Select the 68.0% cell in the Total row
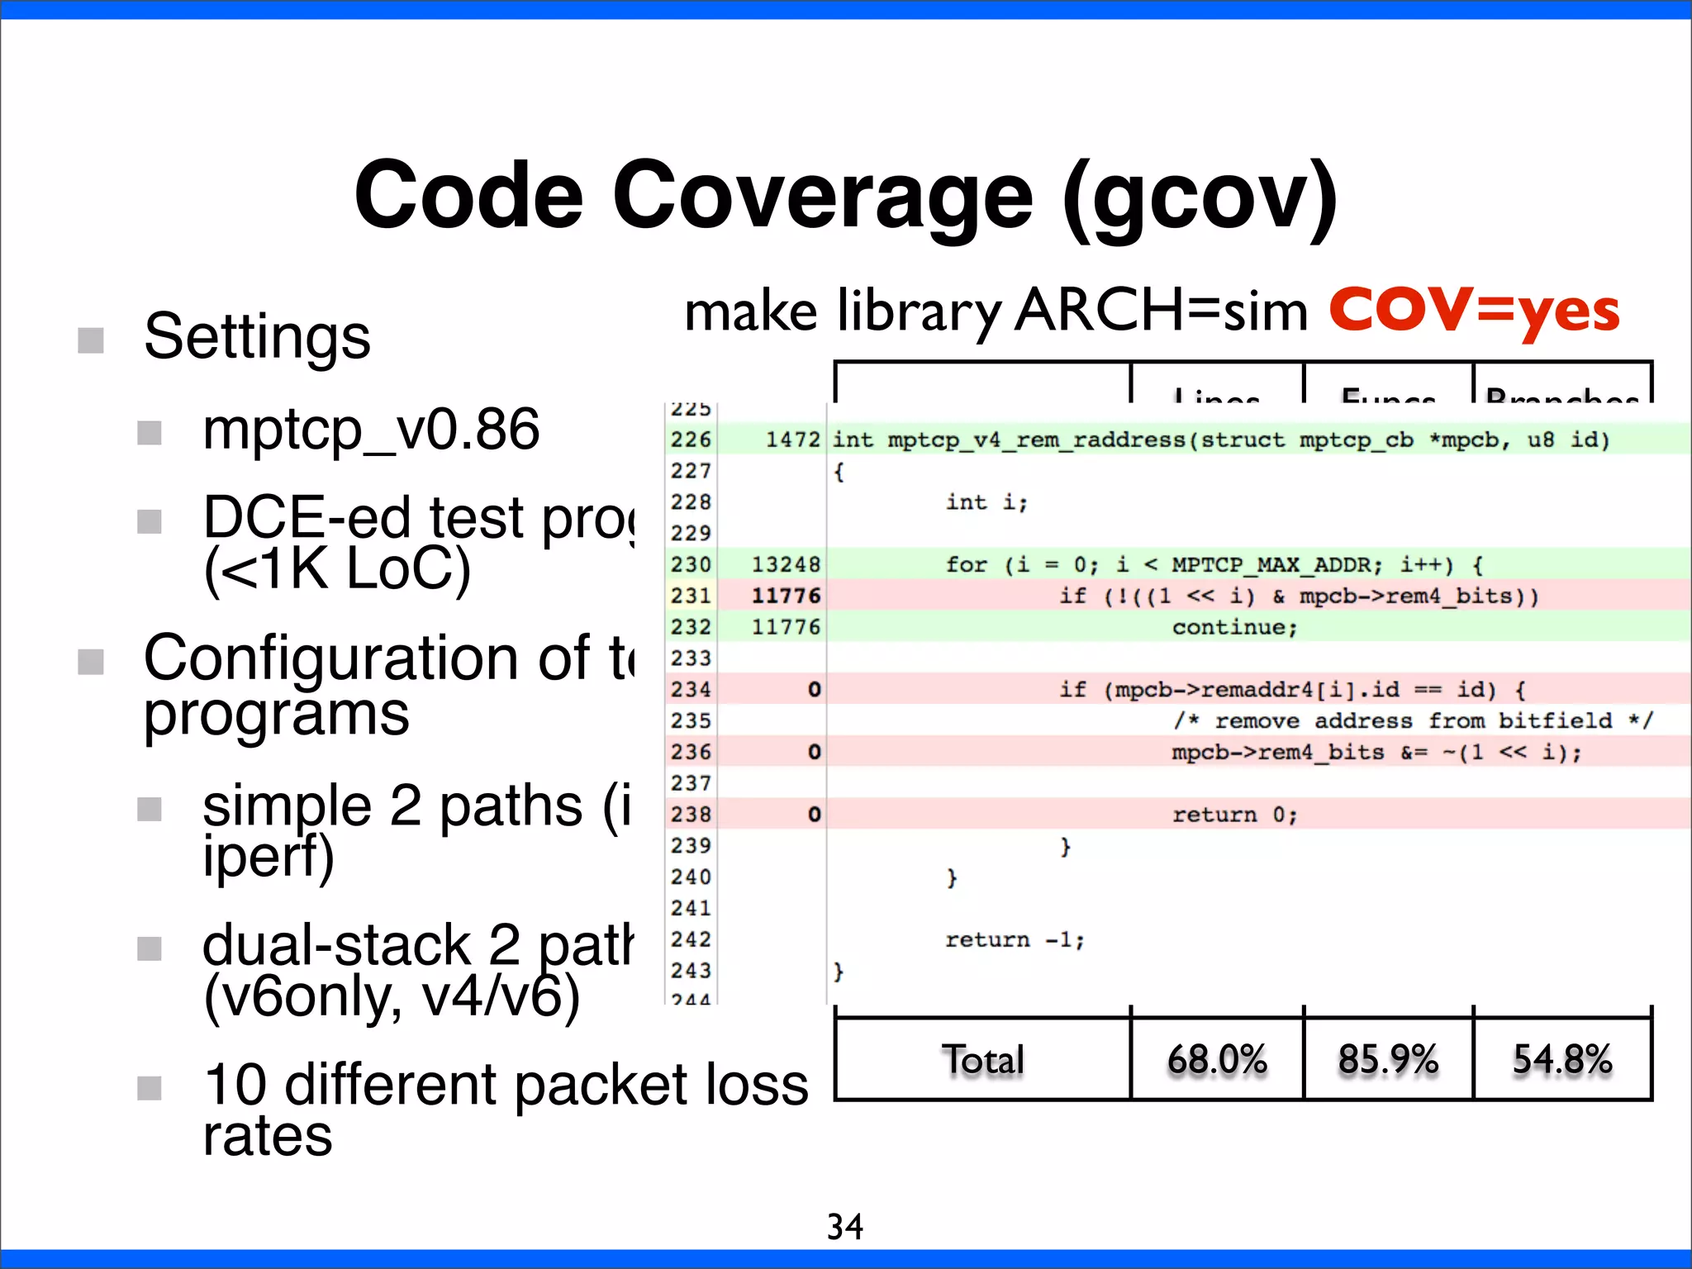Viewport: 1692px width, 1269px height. (x=1216, y=1060)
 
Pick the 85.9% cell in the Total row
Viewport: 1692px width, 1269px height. (x=1388, y=1060)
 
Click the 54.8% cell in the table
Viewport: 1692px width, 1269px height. (x=1561, y=1060)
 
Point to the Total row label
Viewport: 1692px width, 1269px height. (x=982, y=1060)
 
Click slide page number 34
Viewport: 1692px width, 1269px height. (x=844, y=1227)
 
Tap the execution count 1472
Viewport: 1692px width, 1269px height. (x=791, y=440)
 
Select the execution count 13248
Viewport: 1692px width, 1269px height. (x=785, y=565)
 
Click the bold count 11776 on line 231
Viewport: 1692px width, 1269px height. (x=785, y=596)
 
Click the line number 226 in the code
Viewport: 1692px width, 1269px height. (x=691, y=440)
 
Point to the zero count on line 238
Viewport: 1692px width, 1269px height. (x=814, y=815)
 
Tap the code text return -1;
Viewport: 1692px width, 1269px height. (x=1014, y=940)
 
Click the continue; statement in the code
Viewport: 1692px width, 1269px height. (x=1234, y=627)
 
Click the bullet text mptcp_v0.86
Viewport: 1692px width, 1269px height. (x=371, y=430)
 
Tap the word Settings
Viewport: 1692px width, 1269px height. (x=257, y=337)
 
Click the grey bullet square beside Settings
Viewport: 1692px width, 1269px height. (x=91, y=340)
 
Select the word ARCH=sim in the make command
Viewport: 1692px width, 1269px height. (x=1161, y=312)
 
